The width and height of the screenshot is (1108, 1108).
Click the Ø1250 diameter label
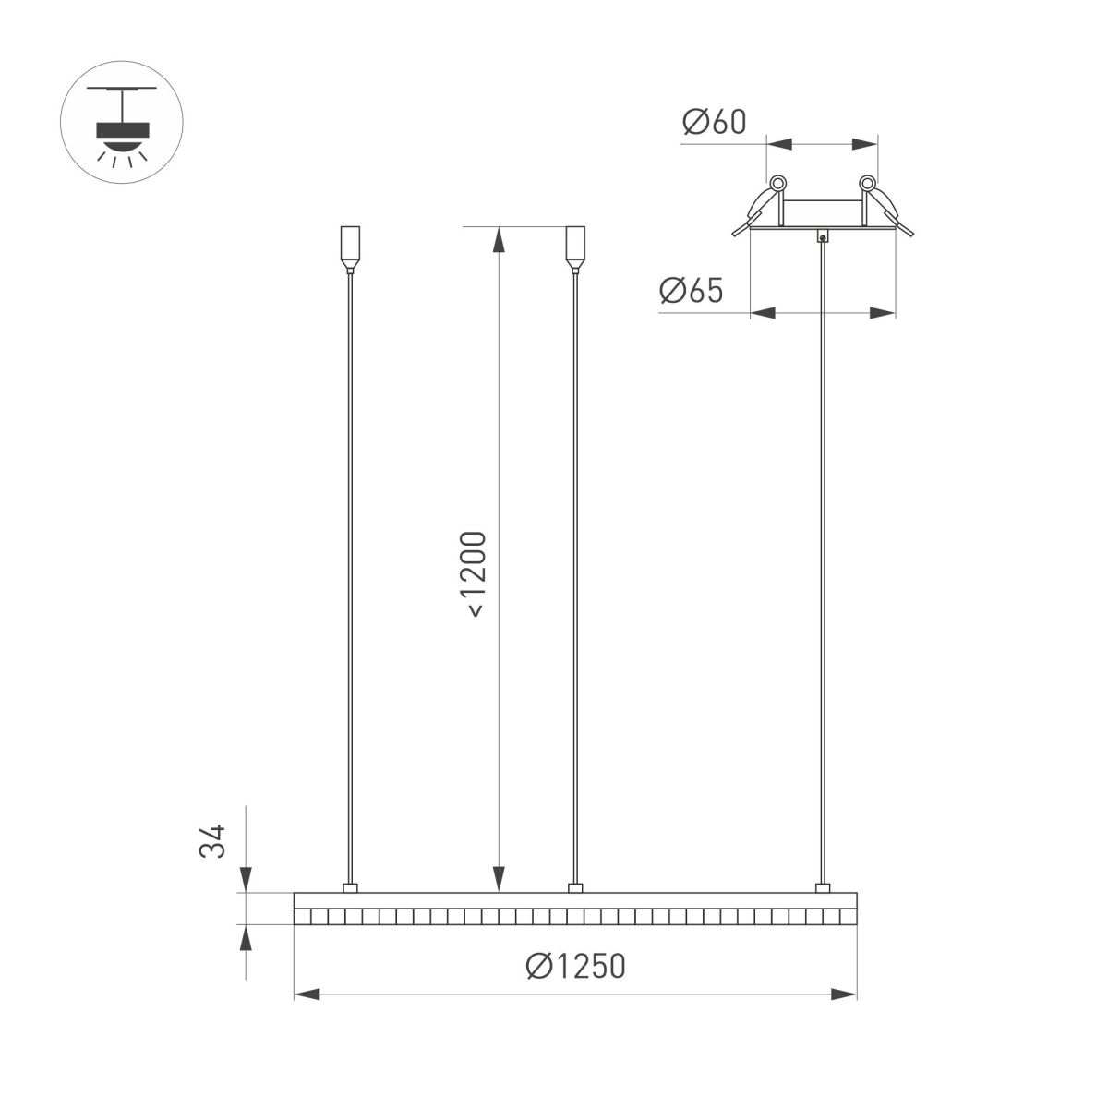(575, 966)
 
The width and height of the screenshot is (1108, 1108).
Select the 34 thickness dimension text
(213, 841)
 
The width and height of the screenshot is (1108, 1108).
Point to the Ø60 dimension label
(714, 122)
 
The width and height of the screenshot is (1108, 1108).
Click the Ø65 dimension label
(691, 291)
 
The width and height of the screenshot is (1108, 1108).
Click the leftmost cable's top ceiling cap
(349, 249)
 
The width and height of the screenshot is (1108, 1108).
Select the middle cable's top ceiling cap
(574, 249)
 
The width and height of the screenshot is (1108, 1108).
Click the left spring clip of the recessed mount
(763, 205)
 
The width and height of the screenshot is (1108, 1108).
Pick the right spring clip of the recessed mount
(883, 205)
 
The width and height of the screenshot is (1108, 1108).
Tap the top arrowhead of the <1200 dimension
(499, 239)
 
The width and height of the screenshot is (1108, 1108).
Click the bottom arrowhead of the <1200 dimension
(499, 880)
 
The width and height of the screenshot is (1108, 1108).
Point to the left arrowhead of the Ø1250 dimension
(307, 994)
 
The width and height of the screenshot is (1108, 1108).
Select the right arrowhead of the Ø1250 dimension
(844, 994)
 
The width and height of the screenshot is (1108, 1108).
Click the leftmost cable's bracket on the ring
(349, 888)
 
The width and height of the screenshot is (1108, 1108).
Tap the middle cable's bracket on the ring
(574, 888)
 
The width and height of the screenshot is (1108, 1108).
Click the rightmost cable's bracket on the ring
(822, 888)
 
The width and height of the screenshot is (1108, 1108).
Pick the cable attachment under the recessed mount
(822, 236)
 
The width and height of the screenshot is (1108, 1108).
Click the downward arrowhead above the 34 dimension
(246, 880)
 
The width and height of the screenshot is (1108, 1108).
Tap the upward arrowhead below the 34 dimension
(246, 938)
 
